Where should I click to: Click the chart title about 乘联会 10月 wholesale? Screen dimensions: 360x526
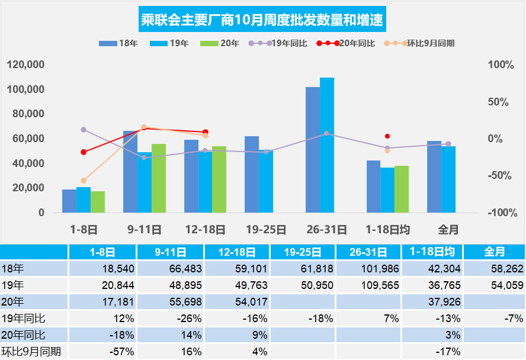pos(262,21)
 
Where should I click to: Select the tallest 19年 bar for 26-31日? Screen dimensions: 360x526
pos(327,145)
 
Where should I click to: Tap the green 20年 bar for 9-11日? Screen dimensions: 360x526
pos(159,178)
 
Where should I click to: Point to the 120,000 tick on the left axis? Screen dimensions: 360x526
pos(27,65)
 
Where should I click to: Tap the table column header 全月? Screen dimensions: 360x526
pos(494,252)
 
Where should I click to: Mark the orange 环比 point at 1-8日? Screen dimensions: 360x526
pos(84,181)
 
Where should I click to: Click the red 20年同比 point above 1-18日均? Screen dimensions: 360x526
pos(387,136)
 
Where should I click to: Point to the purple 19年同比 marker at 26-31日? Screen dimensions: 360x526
pos(326,133)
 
